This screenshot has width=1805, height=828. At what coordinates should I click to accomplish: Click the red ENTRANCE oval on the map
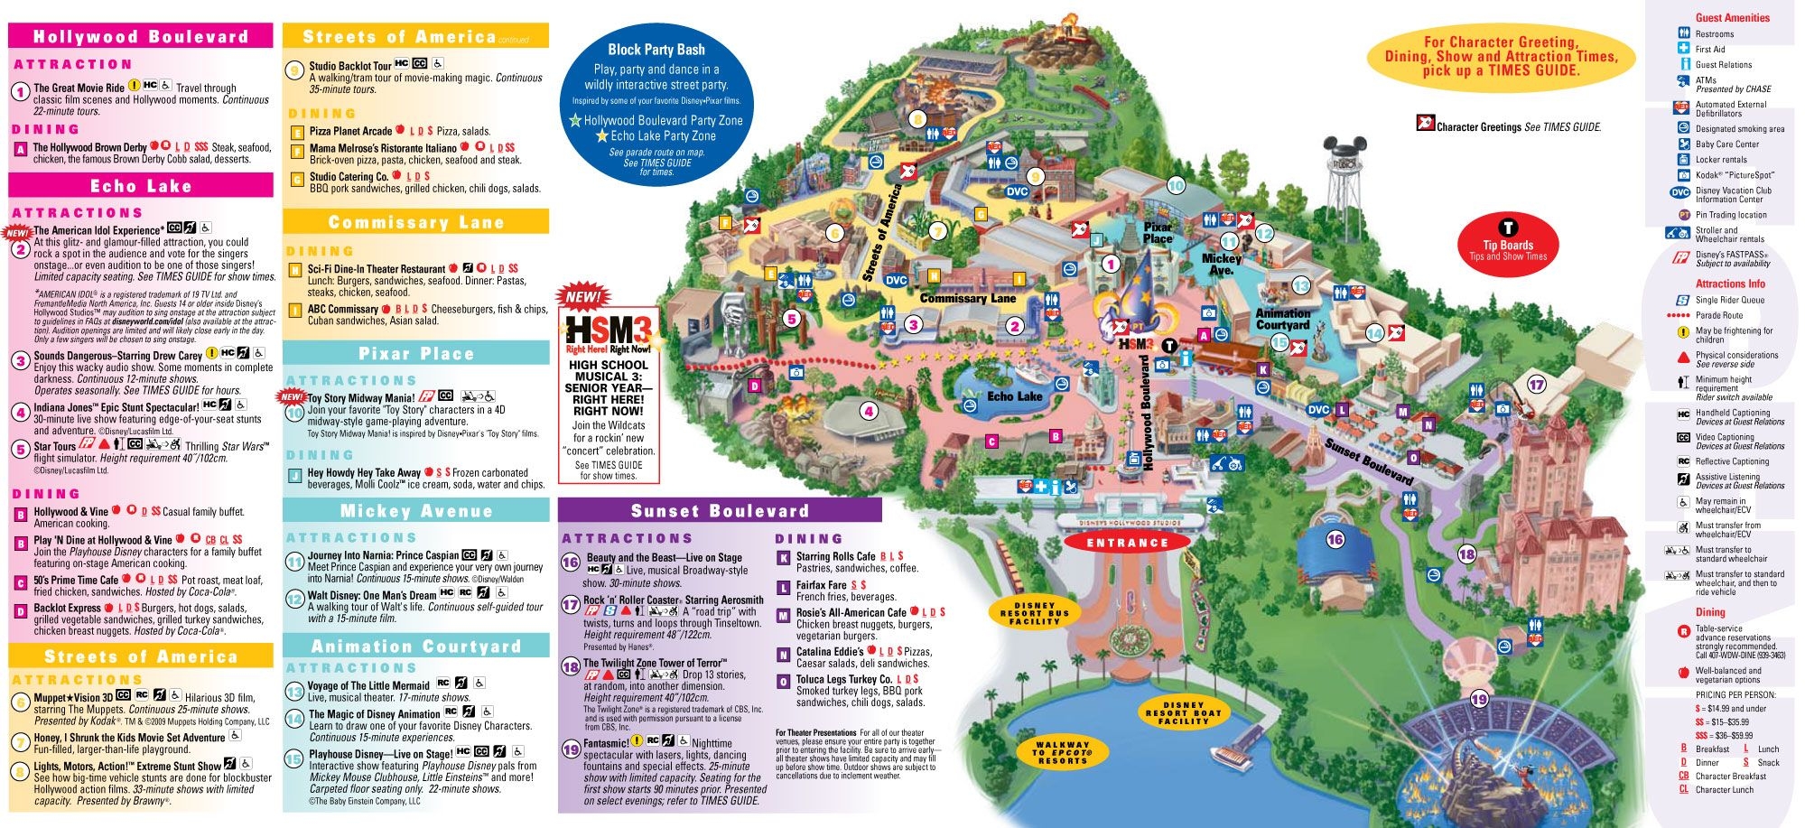[1127, 543]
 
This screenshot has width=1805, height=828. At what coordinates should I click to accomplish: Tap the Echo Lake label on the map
[1015, 396]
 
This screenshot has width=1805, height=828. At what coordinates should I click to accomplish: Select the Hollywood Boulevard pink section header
[140, 36]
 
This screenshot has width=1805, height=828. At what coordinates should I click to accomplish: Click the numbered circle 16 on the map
[1335, 540]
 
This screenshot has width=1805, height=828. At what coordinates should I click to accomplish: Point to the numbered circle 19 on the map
[1479, 699]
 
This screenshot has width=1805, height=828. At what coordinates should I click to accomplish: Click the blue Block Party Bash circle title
[656, 50]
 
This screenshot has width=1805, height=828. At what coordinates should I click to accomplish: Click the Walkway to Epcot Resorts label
[1063, 753]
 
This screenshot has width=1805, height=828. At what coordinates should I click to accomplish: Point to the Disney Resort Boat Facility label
[1183, 712]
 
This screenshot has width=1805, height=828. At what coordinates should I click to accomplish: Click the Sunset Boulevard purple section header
[720, 511]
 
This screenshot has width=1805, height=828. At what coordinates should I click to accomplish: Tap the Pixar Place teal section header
[415, 353]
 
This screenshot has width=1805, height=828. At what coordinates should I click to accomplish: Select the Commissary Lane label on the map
[967, 298]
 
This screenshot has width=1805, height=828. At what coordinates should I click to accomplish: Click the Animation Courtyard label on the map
[1282, 319]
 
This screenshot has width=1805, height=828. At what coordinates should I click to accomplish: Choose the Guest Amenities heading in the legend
[1732, 17]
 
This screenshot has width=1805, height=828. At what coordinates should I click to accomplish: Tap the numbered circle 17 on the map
[1536, 385]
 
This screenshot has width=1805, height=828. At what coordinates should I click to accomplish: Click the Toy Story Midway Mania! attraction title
[361, 397]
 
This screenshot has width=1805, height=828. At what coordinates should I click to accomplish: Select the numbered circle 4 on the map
[869, 412]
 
